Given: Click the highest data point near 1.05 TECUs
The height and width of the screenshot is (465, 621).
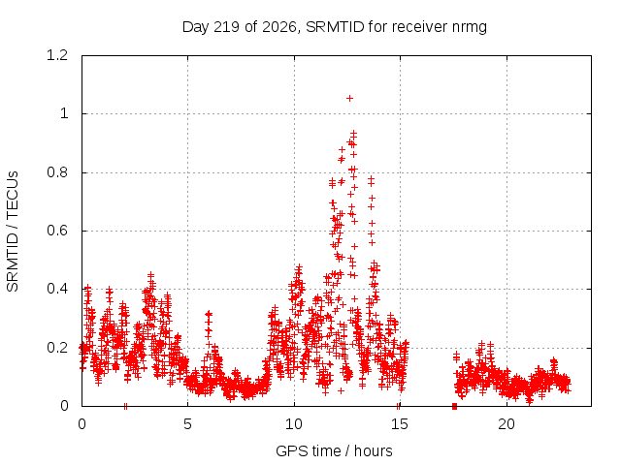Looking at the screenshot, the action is [349, 99].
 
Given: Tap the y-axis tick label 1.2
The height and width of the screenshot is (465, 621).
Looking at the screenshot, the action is [57, 55].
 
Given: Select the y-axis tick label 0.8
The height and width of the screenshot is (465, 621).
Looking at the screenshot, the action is [57, 172].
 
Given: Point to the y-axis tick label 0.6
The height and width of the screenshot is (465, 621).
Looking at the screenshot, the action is [57, 231].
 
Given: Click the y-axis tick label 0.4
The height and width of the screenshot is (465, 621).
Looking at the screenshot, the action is [57, 289].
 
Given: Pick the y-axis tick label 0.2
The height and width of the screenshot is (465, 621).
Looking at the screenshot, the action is [57, 348].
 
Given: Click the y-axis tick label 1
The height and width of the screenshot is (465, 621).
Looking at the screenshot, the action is [64, 113].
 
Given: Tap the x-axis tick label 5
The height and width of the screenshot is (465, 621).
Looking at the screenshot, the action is [187, 424].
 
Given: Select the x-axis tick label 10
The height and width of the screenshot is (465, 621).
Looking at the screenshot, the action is [293, 424].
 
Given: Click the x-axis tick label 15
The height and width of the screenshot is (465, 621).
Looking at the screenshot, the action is [400, 424].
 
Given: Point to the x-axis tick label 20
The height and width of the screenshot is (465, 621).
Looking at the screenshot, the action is [507, 424].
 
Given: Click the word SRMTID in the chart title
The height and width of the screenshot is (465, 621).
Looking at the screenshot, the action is [335, 27].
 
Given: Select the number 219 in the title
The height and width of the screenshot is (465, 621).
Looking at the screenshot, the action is [226, 27].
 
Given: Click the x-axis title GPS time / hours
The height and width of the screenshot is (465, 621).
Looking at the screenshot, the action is [334, 450].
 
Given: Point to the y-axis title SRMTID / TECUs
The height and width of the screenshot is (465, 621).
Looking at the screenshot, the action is [13, 232].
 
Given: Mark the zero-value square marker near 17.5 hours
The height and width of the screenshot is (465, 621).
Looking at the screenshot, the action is [454, 406].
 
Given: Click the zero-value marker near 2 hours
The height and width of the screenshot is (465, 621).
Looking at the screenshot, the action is [125, 406].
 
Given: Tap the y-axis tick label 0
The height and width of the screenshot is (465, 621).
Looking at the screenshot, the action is [64, 406].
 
